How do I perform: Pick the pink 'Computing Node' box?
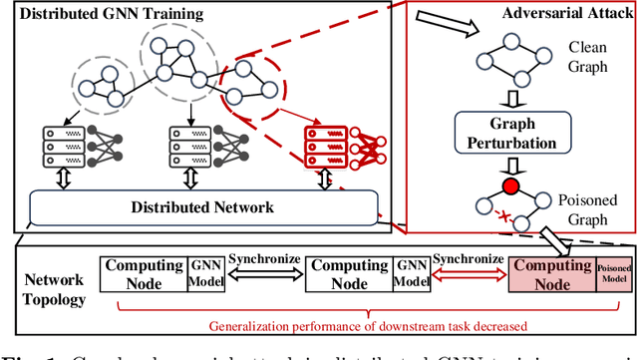(552, 275)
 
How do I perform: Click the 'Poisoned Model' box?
(615, 275)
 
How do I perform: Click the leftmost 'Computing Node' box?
(143, 275)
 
